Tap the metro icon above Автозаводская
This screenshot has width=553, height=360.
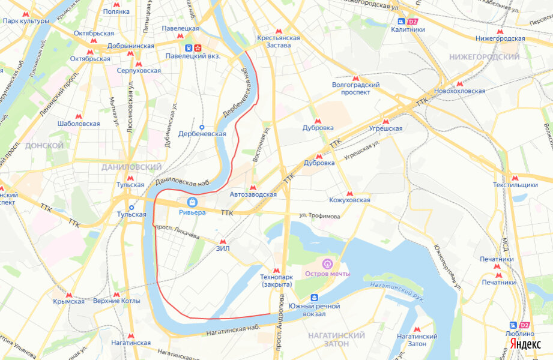tap(253, 187)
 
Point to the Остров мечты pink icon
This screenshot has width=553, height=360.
tap(327, 263)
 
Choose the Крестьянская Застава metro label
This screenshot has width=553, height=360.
tap(277, 41)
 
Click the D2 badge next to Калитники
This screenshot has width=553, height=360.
tap(412, 21)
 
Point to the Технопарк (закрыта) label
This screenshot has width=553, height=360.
tap(276, 280)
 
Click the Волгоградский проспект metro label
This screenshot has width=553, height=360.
tap(355, 89)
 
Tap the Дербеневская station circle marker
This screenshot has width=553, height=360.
tap(202, 127)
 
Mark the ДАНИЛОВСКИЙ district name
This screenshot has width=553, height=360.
tap(131, 167)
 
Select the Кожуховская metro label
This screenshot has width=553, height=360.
tap(349, 200)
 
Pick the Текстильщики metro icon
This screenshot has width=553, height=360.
tap(514, 178)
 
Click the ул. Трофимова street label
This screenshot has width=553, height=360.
tap(320, 216)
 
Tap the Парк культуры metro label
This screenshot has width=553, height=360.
tap(25, 21)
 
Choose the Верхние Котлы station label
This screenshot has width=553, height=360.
tap(116, 301)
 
